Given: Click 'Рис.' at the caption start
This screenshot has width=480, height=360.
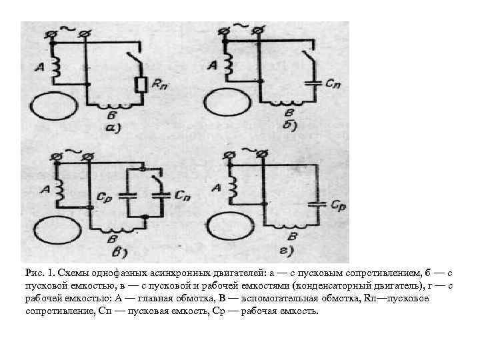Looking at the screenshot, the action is (34, 273).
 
